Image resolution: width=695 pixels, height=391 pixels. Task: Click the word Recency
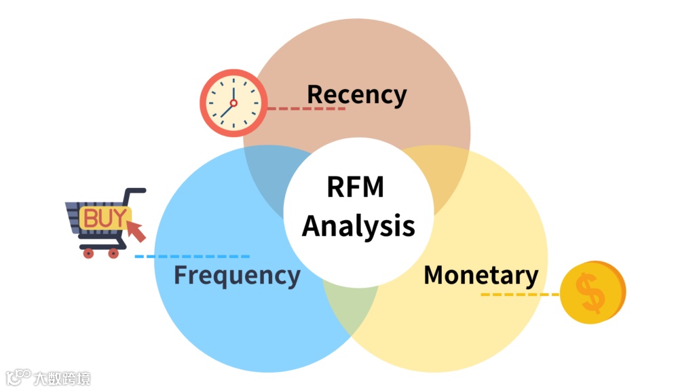[356, 94]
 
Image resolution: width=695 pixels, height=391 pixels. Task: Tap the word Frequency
[236, 276]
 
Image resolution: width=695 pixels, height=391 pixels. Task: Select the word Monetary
[481, 275]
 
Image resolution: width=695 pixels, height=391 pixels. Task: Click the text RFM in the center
[356, 186]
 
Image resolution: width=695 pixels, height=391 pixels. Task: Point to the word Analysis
[358, 226]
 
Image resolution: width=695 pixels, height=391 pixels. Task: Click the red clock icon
[233, 103]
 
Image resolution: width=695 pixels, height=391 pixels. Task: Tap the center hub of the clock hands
[233, 103]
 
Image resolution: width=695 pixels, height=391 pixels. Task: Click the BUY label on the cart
[104, 218]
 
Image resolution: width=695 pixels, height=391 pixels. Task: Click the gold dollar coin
[592, 292]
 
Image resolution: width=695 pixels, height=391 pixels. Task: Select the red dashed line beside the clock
[305, 108]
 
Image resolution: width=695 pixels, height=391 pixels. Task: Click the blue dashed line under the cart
[192, 257]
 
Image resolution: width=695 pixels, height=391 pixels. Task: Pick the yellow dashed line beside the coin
[520, 295]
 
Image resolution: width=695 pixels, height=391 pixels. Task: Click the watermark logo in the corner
[48, 378]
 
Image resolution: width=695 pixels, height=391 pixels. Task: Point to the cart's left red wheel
[88, 253]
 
